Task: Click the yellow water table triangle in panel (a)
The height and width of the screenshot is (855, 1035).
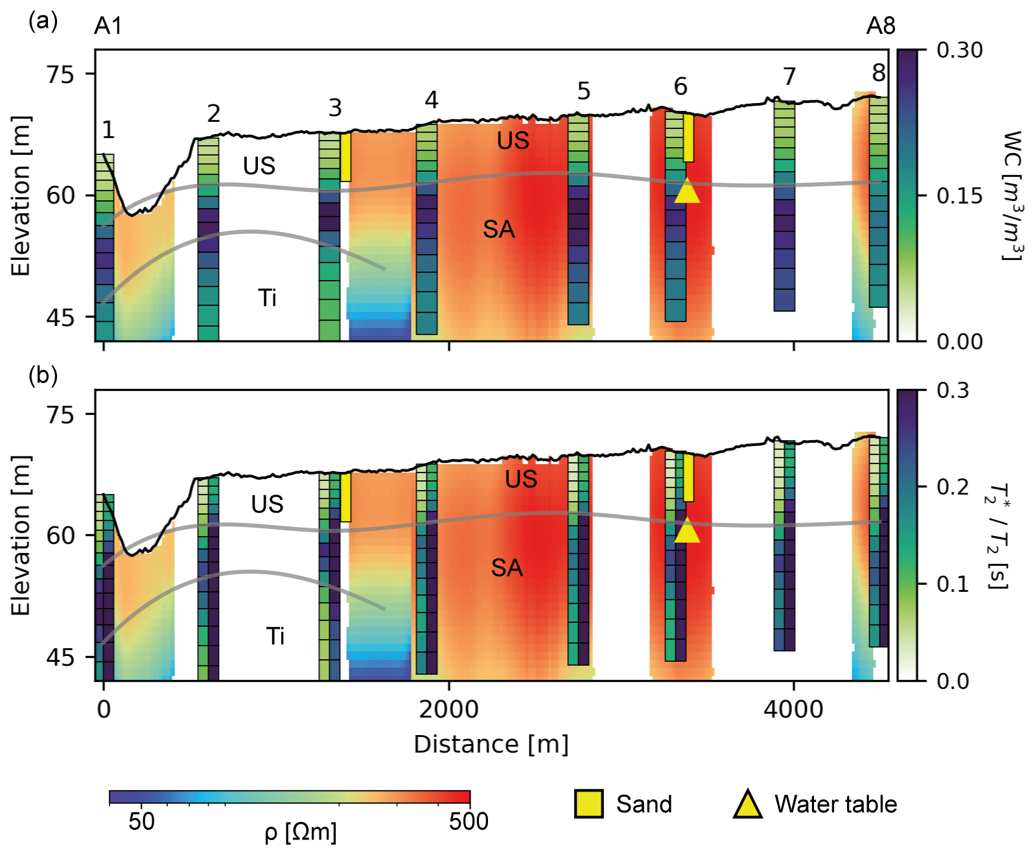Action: point(687,191)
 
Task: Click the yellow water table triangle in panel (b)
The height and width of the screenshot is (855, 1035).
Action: point(687,532)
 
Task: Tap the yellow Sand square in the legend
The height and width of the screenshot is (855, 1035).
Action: point(588,804)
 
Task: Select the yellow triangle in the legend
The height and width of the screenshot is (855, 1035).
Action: point(747,805)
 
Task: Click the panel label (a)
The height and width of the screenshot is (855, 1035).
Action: point(43,22)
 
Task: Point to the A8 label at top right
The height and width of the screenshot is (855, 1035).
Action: point(881,26)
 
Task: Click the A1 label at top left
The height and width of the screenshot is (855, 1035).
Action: point(108,26)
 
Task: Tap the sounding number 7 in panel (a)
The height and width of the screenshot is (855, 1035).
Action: point(789,76)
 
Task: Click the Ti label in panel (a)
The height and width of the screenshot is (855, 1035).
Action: point(267,298)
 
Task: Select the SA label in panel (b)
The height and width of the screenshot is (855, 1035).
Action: point(507,568)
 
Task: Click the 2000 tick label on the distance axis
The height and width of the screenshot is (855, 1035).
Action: point(448,710)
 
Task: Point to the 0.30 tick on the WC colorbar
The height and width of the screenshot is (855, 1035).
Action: point(959,50)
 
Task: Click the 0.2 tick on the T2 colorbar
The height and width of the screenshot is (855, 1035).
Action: point(953,487)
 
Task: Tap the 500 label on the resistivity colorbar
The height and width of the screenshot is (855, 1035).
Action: point(469,821)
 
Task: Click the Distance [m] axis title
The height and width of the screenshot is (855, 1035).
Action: point(491,744)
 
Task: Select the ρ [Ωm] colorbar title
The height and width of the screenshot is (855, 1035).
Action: point(301,832)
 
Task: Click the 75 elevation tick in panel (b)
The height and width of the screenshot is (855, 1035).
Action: point(60,414)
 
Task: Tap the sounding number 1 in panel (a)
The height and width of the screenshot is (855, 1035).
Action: point(108,130)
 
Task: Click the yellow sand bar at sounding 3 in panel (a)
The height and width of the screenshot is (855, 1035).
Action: point(346,157)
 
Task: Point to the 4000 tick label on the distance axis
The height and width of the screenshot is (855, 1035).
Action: point(793,710)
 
